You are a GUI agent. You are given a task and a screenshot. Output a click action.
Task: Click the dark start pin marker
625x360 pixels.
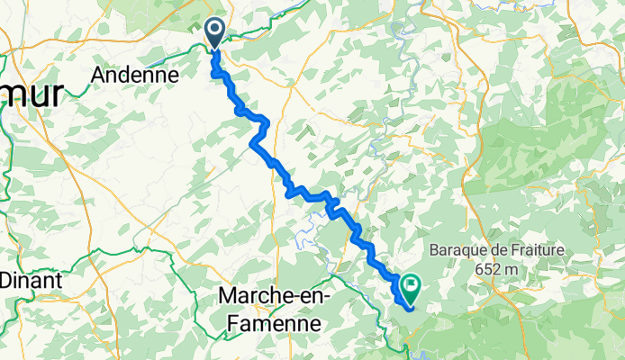[x=216, y=33]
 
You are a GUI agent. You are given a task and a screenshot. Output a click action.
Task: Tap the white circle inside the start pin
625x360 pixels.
[x=216, y=30]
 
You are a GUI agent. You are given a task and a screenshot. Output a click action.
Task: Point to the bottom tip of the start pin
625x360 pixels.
[x=216, y=49]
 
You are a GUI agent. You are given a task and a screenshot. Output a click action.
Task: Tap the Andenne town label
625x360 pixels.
[x=133, y=76]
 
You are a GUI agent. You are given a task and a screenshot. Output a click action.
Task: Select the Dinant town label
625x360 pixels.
[x=30, y=280]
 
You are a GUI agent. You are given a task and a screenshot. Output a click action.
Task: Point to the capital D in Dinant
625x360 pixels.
[x=5, y=280]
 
